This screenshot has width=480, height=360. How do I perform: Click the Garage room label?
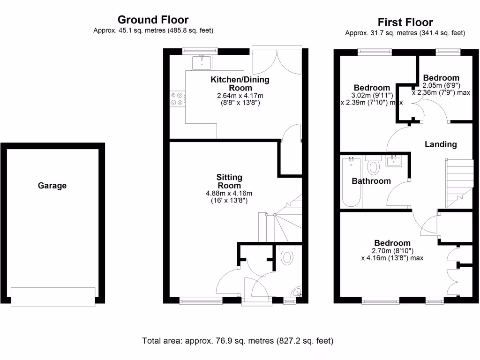click(x=52, y=186)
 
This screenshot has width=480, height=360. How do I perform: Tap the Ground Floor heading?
click(x=153, y=20)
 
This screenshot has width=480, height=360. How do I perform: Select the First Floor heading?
click(x=405, y=22)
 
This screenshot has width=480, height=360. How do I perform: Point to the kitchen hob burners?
click(x=177, y=98)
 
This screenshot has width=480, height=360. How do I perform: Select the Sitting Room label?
click(x=229, y=181)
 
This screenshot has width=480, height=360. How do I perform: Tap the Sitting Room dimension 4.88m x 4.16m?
click(x=229, y=193)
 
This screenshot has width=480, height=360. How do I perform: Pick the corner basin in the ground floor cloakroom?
click(x=297, y=293)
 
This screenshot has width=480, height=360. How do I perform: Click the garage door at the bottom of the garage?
click(x=53, y=297)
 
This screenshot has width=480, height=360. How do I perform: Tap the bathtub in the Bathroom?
click(x=351, y=183)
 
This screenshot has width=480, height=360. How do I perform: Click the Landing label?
click(x=441, y=144)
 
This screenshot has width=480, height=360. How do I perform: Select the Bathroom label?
click(x=371, y=181)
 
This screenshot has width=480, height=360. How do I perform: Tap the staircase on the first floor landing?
click(x=458, y=183)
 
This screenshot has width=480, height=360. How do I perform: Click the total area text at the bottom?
click(x=238, y=341)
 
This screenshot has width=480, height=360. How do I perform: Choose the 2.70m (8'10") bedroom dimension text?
click(x=392, y=250)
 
